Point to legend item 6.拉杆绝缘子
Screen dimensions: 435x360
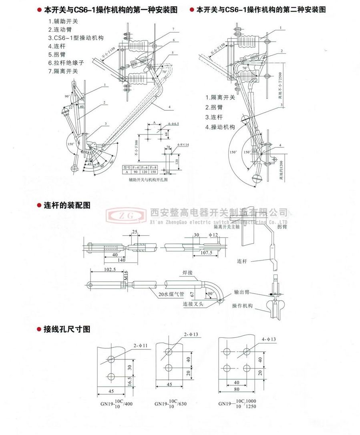(x=66, y=63)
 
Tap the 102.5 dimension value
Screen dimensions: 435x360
(x=109, y=270)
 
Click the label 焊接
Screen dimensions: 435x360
(x=188, y=273)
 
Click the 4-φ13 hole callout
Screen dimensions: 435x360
(x=269, y=339)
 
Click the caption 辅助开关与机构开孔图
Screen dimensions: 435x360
(x=146, y=180)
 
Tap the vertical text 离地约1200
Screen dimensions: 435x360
(x=282, y=168)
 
